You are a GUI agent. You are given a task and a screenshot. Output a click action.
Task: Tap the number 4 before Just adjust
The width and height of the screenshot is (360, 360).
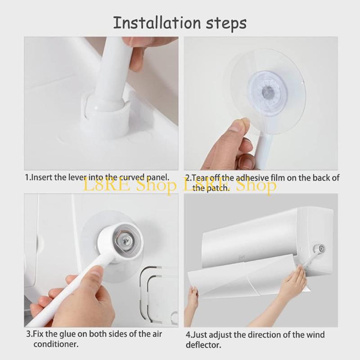(x=189, y=335)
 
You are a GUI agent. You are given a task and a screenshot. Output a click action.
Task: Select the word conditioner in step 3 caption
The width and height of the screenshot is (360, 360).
(x=56, y=345)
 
